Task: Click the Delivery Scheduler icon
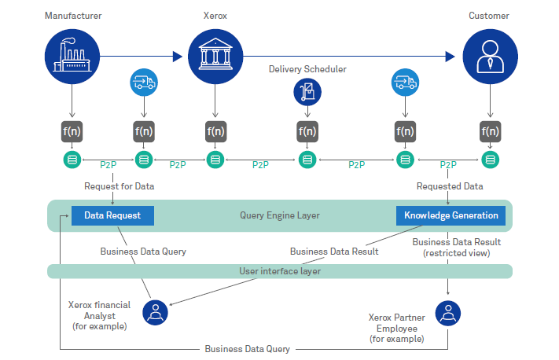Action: coord(308,93)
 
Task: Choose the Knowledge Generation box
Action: coord(451,215)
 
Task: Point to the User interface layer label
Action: coord(279,271)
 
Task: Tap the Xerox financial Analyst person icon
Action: coord(156,313)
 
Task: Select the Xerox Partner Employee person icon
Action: coord(448,313)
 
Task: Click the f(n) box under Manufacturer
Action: coord(72,131)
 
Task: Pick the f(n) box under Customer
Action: coord(490,131)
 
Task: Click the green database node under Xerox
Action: coord(215,160)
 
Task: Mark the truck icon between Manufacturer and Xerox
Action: coord(144,83)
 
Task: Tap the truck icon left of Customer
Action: coord(404,83)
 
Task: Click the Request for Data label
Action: coord(120,187)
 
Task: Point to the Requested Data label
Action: coord(450,187)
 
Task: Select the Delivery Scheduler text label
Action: coord(308,69)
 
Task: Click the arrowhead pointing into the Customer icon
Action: coord(451,57)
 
